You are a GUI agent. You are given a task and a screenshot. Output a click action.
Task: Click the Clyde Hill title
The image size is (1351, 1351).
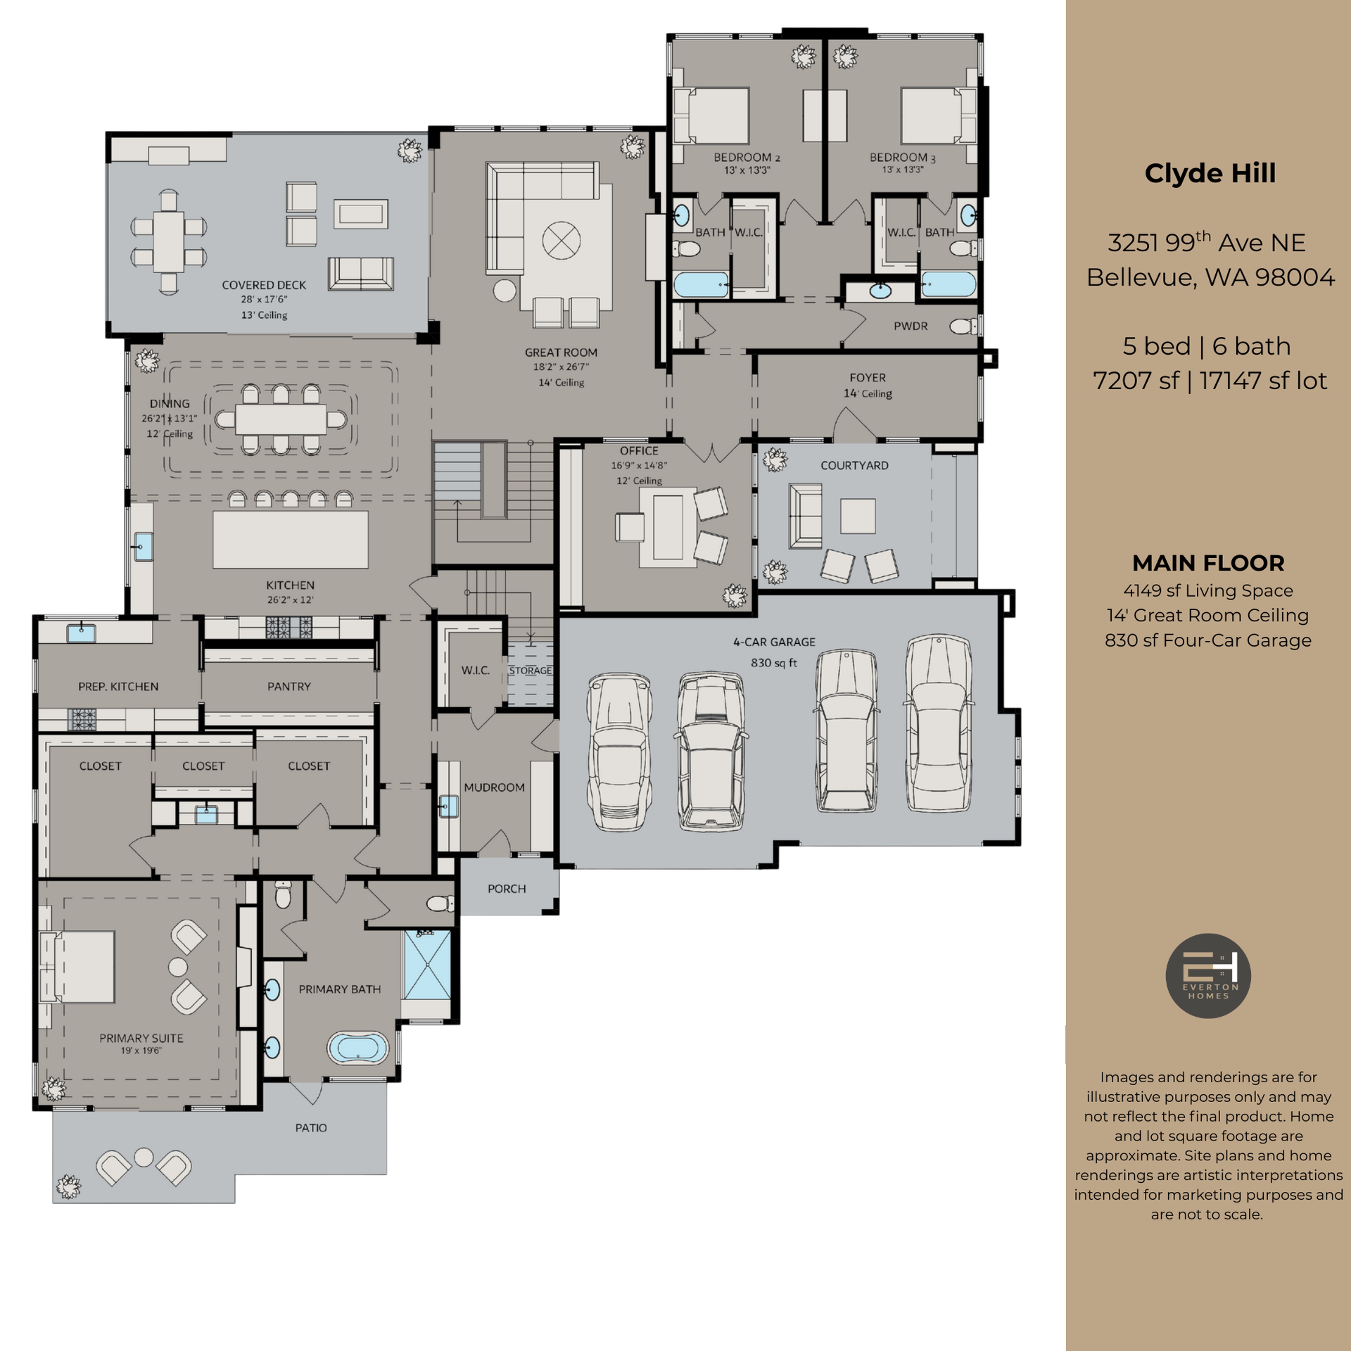pyautogui.click(x=1210, y=174)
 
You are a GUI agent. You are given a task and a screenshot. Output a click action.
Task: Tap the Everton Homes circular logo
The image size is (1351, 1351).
pyautogui.click(x=1207, y=975)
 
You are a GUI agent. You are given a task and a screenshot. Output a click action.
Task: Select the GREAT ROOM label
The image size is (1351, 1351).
pyautogui.click(x=561, y=353)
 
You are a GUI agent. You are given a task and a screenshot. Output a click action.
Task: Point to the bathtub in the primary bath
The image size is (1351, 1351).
pyautogui.click(x=357, y=1048)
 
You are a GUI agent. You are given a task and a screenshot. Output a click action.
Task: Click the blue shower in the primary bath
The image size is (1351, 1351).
pyautogui.click(x=427, y=964)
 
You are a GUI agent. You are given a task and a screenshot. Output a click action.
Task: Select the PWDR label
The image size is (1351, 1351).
pyautogui.click(x=911, y=326)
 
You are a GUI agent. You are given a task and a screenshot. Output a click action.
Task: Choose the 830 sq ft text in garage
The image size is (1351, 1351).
pyautogui.click(x=774, y=663)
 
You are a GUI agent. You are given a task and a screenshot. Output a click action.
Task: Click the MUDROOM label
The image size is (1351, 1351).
pyautogui.click(x=494, y=787)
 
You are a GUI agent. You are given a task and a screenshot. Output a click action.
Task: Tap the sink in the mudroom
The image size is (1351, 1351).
pyautogui.click(x=448, y=806)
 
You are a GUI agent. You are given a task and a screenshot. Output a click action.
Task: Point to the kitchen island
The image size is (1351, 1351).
pyautogui.click(x=290, y=540)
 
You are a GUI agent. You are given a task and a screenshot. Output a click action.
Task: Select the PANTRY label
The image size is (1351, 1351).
pyautogui.click(x=288, y=687)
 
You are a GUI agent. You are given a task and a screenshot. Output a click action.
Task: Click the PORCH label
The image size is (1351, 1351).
pyautogui.click(x=507, y=889)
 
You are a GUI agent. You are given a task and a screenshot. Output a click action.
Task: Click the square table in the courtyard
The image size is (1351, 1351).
pyautogui.click(x=858, y=516)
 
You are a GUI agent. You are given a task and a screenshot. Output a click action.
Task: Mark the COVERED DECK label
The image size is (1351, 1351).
pyautogui.click(x=264, y=285)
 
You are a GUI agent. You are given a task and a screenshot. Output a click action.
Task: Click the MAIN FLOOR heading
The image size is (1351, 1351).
pyautogui.click(x=1208, y=563)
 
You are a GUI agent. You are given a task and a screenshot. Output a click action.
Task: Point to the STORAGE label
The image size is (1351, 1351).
pyautogui.click(x=530, y=671)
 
